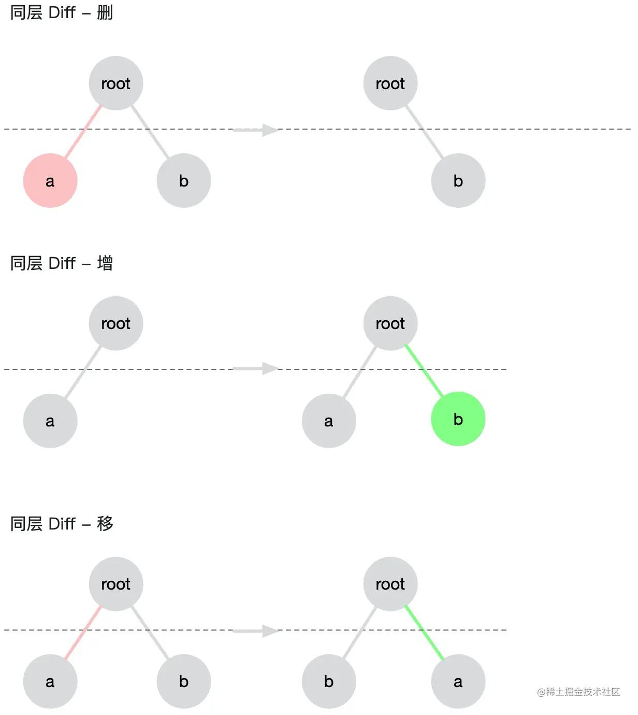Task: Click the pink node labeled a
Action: pyautogui.click(x=50, y=180)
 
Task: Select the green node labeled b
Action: pyautogui.click(x=458, y=419)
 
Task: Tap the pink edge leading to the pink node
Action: pyautogui.click(x=83, y=131)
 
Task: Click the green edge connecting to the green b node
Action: pyautogui.click(x=424, y=370)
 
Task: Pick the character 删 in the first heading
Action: pyautogui.click(x=105, y=13)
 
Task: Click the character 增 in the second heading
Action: pyautogui.click(x=105, y=263)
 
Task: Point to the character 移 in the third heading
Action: pyautogui.click(x=105, y=524)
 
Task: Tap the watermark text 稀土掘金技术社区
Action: pyautogui.click(x=583, y=692)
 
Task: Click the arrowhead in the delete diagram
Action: pyautogui.click(x=271, y=130)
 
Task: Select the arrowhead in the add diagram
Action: pyautogui.click(x=271, y=369)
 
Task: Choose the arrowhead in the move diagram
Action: pyautogui.click(x=271, y=631)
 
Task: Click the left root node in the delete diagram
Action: pyautogui.click(x=116, y=83)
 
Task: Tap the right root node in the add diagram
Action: pyautogui.click(x=390, y=323)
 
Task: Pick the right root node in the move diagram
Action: pyautogui.click(x=390, y=584)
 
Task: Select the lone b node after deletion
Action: pyautogui.click(x=458, y=180)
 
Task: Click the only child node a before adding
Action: pyautogui.click(x=50, y=421)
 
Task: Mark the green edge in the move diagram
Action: pyautogui.click(x=424, y=633)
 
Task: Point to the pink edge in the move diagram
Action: pyautogui.click(x=83, y=633)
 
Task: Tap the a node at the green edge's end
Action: pyautogui.click(x=458, y=681)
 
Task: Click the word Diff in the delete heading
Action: pyautogui.click(x=62, y=13)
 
